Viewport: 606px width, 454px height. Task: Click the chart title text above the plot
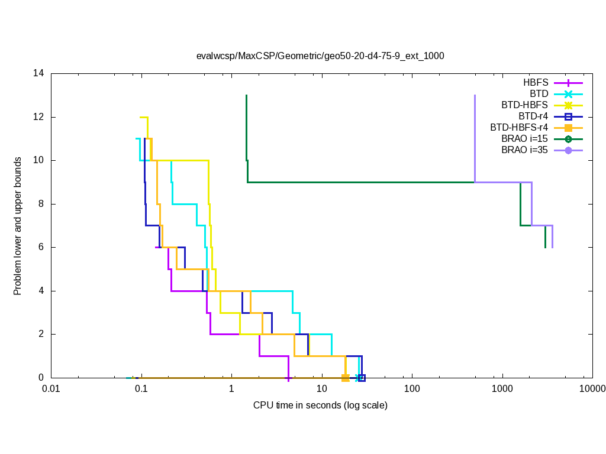pyautogui.click(x=320, y=56)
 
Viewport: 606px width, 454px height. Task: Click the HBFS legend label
pyautogui.click(x=536, y=83)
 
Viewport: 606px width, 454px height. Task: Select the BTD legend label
pyautogui.click(x=539, y=94)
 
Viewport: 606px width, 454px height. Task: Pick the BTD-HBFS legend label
pyautogui.click(x=525, y=105)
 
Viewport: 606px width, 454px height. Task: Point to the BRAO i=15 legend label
pyautogui.click(x=525, y=139)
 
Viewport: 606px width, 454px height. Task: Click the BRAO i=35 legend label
pyautogui.click(x=525, y=150)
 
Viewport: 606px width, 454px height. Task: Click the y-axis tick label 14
pyautogui.click(x=39, y=74)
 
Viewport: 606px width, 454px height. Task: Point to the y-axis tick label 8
pyautogui.click(x=41, y=204)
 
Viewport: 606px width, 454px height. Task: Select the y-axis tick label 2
pyautogui.click(x=41, y=334)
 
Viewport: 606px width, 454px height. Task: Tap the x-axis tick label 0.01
pyautogui.click(x=51, y=389)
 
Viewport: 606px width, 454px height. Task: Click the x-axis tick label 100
pyautogui.click(x=412, y=389)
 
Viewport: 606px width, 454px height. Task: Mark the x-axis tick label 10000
pyautogui.click(x=592, y=389)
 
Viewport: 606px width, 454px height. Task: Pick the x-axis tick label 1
pyautogui.click(x=231, y=389)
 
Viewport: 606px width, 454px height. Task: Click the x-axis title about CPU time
pyautogui.click(x=320, y=406)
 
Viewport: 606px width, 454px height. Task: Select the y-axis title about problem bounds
pyautogui.click(x=18, y=226)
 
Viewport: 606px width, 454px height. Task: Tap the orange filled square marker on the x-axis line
pyautogui.click(x=346, y=378)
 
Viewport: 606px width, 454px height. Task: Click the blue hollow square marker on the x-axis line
pyautogui.click(x=362, y=378)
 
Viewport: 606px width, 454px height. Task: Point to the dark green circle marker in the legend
pyautogui.click(x=568, y=139)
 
